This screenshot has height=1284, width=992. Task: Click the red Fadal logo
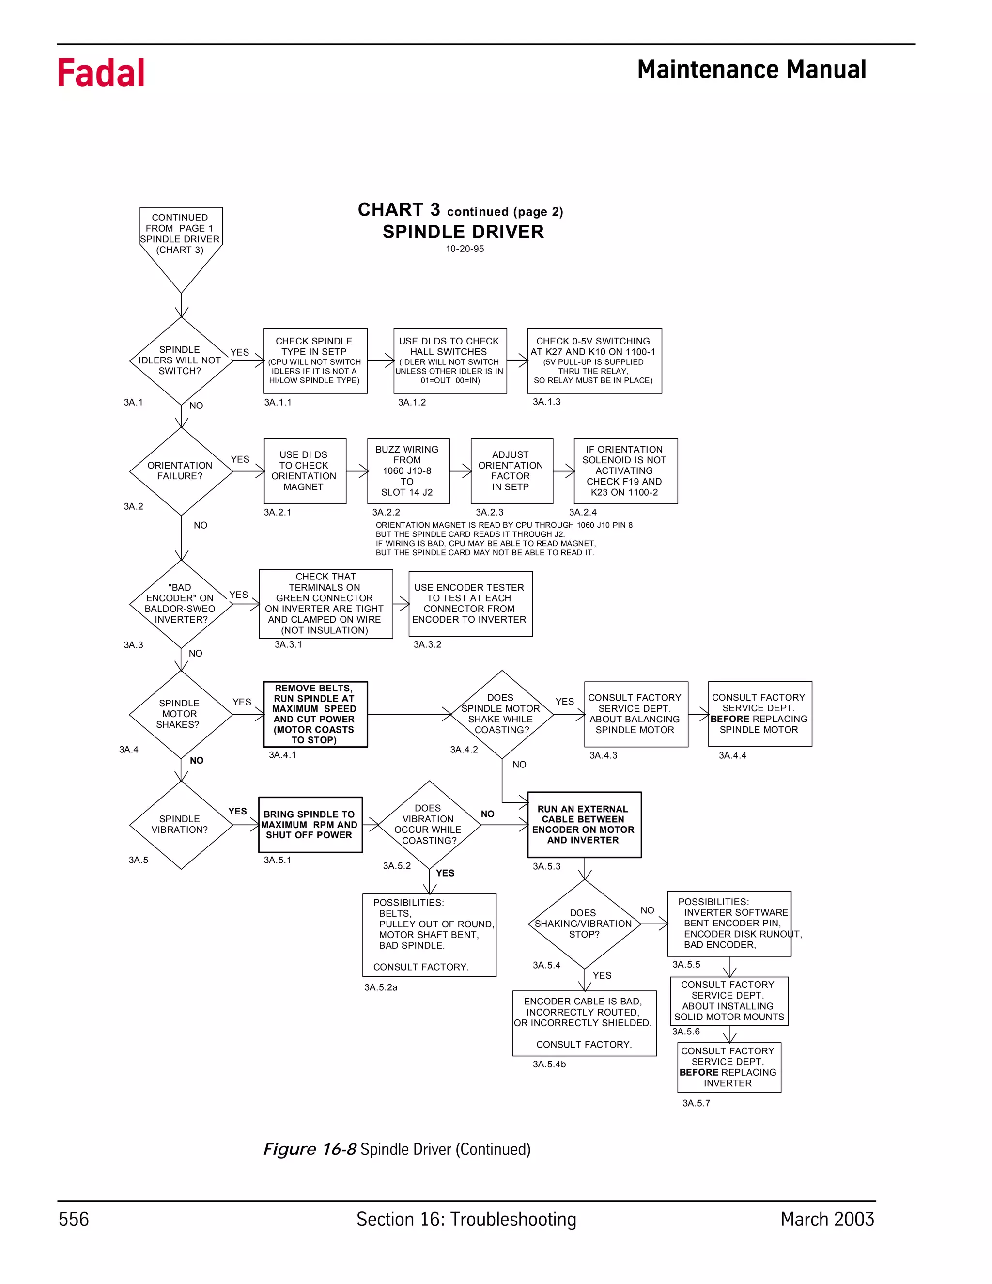pos(101,73)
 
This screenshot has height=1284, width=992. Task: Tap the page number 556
pos(74,1219)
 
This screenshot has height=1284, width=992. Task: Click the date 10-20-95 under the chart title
pos(464,249)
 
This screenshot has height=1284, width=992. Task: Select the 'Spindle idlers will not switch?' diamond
pos(180,360)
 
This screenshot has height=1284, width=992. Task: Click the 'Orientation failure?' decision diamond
pos(180,471)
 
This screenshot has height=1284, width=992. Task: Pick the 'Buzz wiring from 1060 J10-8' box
pos(408,471)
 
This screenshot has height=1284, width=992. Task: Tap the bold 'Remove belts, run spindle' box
pos(315,714)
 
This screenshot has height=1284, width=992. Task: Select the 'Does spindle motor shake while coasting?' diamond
pos(501,714)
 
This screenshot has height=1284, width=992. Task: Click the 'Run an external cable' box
pos(584,824)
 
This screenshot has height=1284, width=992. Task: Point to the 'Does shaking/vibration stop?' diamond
pos(584,924)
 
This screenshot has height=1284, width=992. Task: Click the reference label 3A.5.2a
pos(381,987)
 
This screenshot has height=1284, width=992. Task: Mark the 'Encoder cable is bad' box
pos(584,1023)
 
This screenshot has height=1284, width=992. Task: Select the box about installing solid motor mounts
pos(728,1001)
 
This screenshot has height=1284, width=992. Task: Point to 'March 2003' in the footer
pos(827,1219)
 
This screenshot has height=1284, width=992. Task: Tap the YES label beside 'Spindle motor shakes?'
pos(242,702)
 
